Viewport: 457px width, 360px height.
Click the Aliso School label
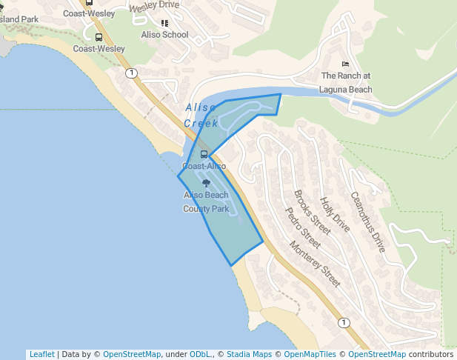[164, 35]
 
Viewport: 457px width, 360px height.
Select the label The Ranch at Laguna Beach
[346, 82]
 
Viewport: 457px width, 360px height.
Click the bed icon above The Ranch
[346, 65]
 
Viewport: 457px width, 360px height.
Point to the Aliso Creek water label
[201, 115]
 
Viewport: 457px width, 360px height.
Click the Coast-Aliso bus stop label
[204, 166]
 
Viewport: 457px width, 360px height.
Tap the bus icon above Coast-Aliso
[204, 155]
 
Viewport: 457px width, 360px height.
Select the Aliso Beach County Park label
[206, 201]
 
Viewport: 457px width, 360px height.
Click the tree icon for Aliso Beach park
[206, 183]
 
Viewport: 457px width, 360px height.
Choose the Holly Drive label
[334, 214]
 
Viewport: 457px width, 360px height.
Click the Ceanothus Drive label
[367, 221]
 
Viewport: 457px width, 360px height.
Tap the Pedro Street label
[303, 227]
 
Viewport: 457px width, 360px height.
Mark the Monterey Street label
[316, 264]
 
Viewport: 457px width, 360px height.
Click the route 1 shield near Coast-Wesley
[131, 73]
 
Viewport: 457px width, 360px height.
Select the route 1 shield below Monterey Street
[343, 322]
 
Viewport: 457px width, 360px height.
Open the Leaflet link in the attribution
[41, 354]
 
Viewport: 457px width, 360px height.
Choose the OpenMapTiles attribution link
[310, 354]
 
